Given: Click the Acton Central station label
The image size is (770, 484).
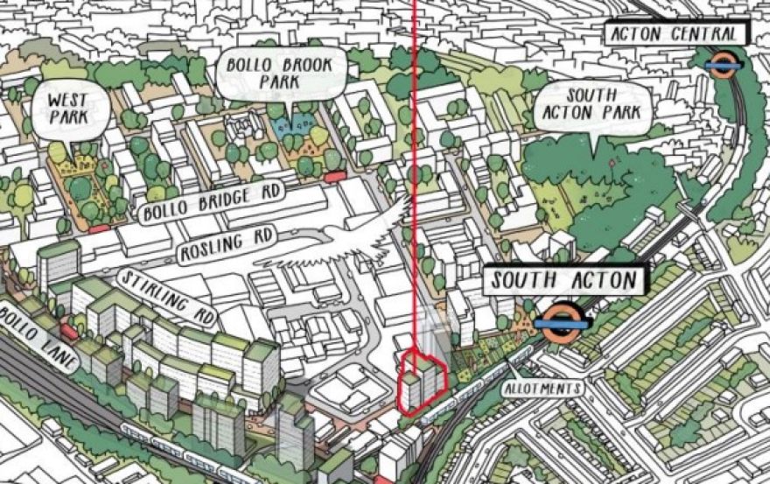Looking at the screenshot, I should coord(675,34).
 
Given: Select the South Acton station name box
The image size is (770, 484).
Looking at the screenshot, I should coord(565,281).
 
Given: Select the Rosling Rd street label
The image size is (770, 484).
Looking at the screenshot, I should coord(226,244).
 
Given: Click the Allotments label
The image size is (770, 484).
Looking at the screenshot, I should coord(542,387).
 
